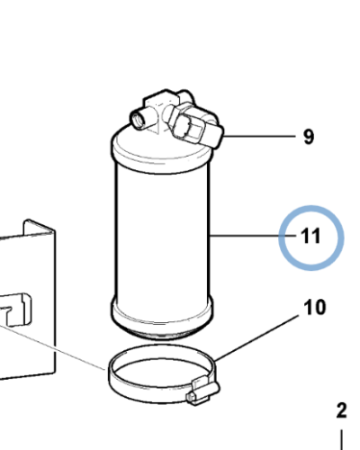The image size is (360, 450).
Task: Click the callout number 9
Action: [309, 137]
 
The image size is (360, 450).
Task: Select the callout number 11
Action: [310, 236]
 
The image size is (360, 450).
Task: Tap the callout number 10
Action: [315, 308]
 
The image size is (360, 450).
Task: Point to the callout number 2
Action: [342, 410]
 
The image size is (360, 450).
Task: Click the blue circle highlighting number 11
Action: [311, 206]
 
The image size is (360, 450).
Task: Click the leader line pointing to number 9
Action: [259, 136]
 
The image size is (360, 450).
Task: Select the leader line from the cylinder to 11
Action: [254, 236]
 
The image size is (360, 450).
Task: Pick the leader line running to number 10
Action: [257, 337]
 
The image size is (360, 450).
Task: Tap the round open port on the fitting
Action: [139, 120]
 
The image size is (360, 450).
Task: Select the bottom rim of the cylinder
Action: [162, 318]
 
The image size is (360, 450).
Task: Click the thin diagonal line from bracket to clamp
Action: [52, 346]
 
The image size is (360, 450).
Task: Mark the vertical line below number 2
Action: [342, 440]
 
